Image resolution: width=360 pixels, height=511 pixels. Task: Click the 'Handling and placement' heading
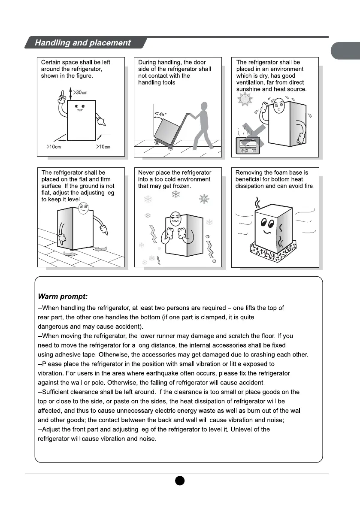(83, 43)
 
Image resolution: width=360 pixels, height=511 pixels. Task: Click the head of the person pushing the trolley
(205, 106)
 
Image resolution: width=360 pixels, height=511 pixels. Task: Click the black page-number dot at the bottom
(180, 480)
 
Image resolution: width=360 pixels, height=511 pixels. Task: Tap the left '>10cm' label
(54, 147)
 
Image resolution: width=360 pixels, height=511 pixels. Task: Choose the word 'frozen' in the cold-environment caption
(182, 186)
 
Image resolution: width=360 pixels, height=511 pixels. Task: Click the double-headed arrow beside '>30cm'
(70, 92)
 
